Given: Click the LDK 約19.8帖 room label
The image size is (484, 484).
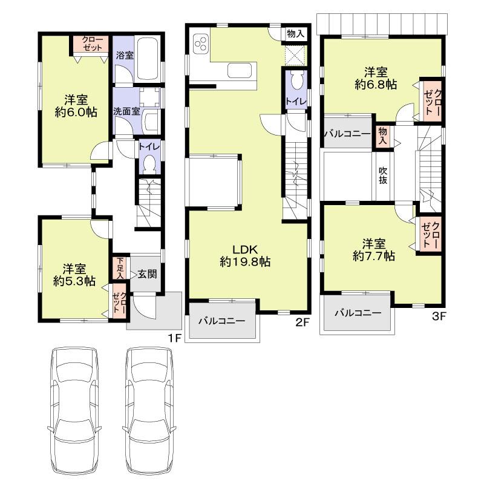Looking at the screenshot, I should [x=245, y=255].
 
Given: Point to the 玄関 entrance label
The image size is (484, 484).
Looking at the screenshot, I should [x=146, y=273].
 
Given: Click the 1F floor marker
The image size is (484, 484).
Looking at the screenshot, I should [x=174, y=338].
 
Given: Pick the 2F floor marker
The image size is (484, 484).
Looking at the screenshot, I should [x=302, y=322].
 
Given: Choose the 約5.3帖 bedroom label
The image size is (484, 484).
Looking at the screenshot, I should [x=73, y=274].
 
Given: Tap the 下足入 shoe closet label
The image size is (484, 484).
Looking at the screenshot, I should [x=120, y=267].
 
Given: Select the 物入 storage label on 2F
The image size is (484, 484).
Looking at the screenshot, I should [x=295, y=33].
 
